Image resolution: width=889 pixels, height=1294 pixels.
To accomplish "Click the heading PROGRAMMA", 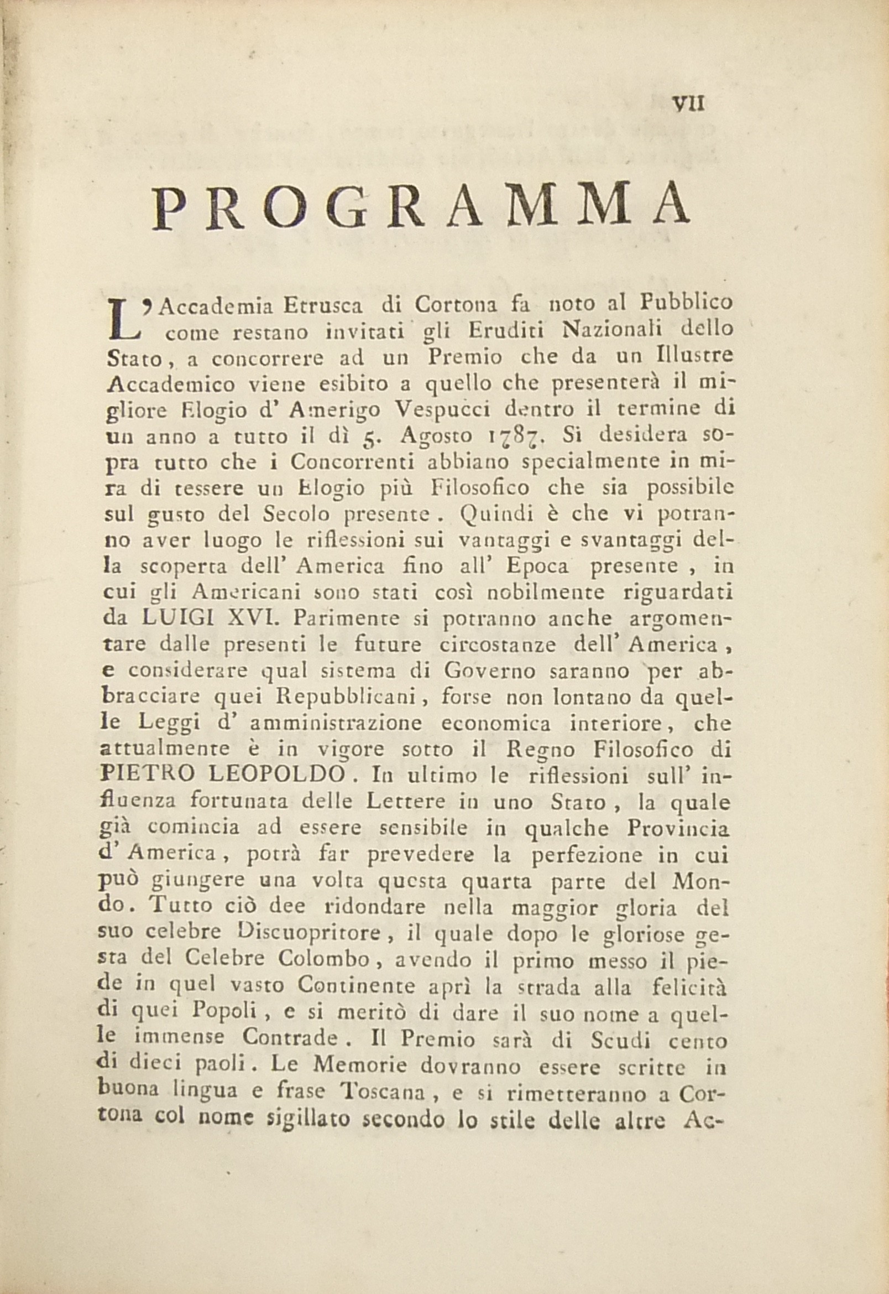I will pyautogui.click(x=422, y=207).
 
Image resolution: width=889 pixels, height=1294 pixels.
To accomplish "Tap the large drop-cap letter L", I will pyautogui.click(x=124, y=319).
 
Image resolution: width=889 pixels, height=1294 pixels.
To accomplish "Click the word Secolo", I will pyautogui.click(x=296, y=514).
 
